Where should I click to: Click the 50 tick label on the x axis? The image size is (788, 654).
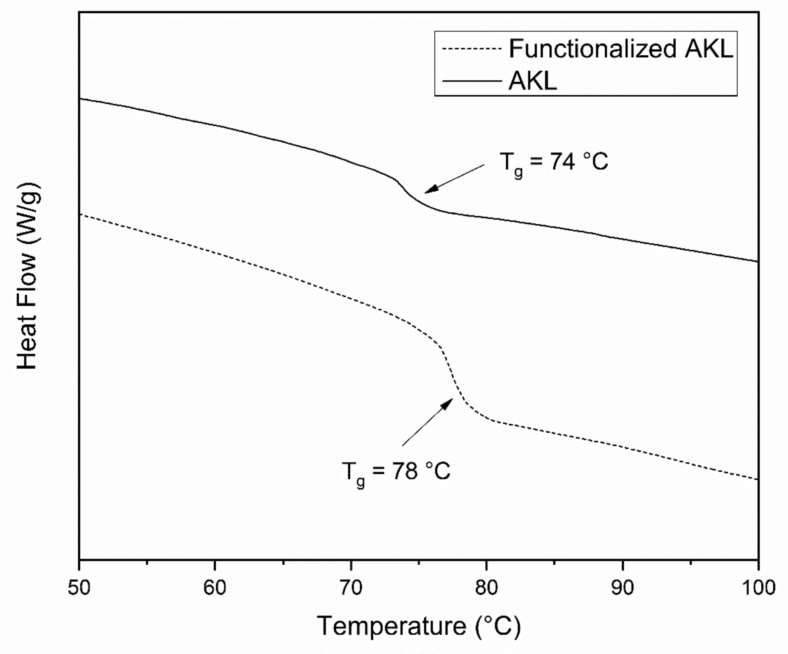[x=79, y=588]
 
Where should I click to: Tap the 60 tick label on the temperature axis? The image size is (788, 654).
[x=215, y=588]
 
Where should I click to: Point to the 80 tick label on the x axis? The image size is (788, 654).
[x=486, y=588]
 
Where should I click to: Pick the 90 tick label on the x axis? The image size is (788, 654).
[x=622, y=588]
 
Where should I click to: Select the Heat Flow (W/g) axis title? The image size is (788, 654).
[x=27, y=276]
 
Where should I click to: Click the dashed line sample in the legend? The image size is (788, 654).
[x=472, y=49]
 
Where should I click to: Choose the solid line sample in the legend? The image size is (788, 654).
[x=472, y=81]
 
